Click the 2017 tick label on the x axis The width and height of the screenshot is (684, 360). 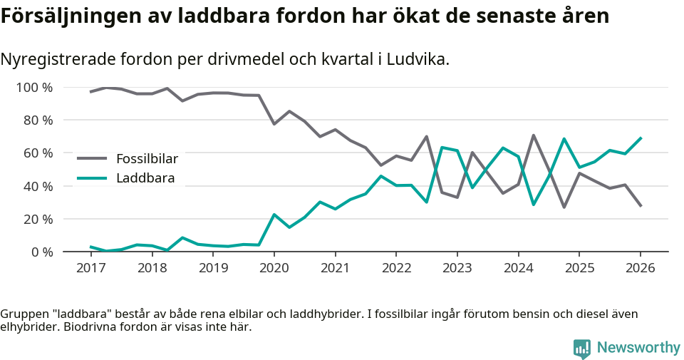pos(90,268)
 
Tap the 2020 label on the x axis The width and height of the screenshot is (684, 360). pos(274,268)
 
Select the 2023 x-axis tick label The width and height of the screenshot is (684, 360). pos(457,268)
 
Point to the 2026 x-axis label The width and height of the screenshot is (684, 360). pos(640,268)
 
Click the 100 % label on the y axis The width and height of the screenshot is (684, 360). pos(35,88)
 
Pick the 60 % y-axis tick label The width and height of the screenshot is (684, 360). pos(38,153)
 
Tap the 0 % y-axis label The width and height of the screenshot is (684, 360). pos(41,252)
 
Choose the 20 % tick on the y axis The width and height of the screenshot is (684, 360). pos(38,219)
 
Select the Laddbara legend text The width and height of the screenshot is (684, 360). pos(145,178)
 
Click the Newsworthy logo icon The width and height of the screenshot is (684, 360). pos(581,348)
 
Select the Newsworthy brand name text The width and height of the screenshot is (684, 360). pos(638,348)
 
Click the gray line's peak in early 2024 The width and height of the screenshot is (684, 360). pos(533,135)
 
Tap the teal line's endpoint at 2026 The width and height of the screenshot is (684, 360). pos(641,138)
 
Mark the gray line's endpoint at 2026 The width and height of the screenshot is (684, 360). pos(641,206)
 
